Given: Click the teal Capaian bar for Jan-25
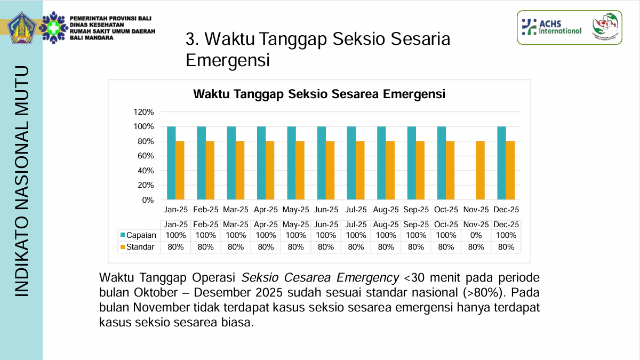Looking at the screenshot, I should click(x=171, y=163).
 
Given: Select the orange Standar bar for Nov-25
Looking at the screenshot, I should click(x=480, y=171).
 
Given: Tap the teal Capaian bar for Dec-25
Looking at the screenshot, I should click(x=501, y=163).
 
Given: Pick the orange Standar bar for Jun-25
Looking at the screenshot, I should click(x=330, y=171).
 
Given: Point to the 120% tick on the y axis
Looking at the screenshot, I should click(x=143, y=112).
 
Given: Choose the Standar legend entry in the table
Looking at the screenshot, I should click(x=137, y=247).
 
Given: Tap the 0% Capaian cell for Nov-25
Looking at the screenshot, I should click(x=476, y=235).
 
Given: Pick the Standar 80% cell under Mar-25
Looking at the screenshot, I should click(x=236, y=247).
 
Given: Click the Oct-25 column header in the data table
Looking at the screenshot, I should click(x=446, y=225).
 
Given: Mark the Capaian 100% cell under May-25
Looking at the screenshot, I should click(x=296, y=235).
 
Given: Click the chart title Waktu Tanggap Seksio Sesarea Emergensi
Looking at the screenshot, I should click(x=319, y=94).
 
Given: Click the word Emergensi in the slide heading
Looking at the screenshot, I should click(x=228, y=60).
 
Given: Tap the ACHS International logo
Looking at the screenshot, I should click(x=551, y=27).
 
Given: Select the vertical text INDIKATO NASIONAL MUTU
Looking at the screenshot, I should click(x=21, y=181).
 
